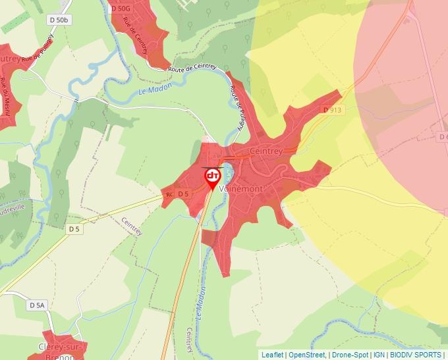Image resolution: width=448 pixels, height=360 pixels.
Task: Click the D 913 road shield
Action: pyautogui.click(x=333, y=110)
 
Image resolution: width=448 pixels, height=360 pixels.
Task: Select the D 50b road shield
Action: pyautogui.click(x=59, y=20)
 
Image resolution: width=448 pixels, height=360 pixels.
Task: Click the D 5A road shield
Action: pyautogui.click(x=38, y=305)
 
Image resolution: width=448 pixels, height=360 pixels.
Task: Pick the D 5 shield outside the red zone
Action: pyautogui.click(x=73, y=229)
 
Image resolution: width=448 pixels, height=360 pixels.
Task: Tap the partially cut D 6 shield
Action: pyautogui.click(x=443, y=136)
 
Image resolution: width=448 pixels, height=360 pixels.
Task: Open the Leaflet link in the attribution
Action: pyautogui.click(x=272, y=355)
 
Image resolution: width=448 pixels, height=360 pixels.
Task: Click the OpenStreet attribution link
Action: pyautogui.click(x=306, y=355)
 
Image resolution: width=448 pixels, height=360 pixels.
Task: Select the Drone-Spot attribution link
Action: pyautogui.click(x=350, y=355)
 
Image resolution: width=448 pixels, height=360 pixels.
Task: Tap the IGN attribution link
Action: pyautogui.click(x=379, y=355)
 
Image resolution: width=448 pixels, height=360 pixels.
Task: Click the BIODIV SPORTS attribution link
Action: pyautogui.click(x=416, y=355)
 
